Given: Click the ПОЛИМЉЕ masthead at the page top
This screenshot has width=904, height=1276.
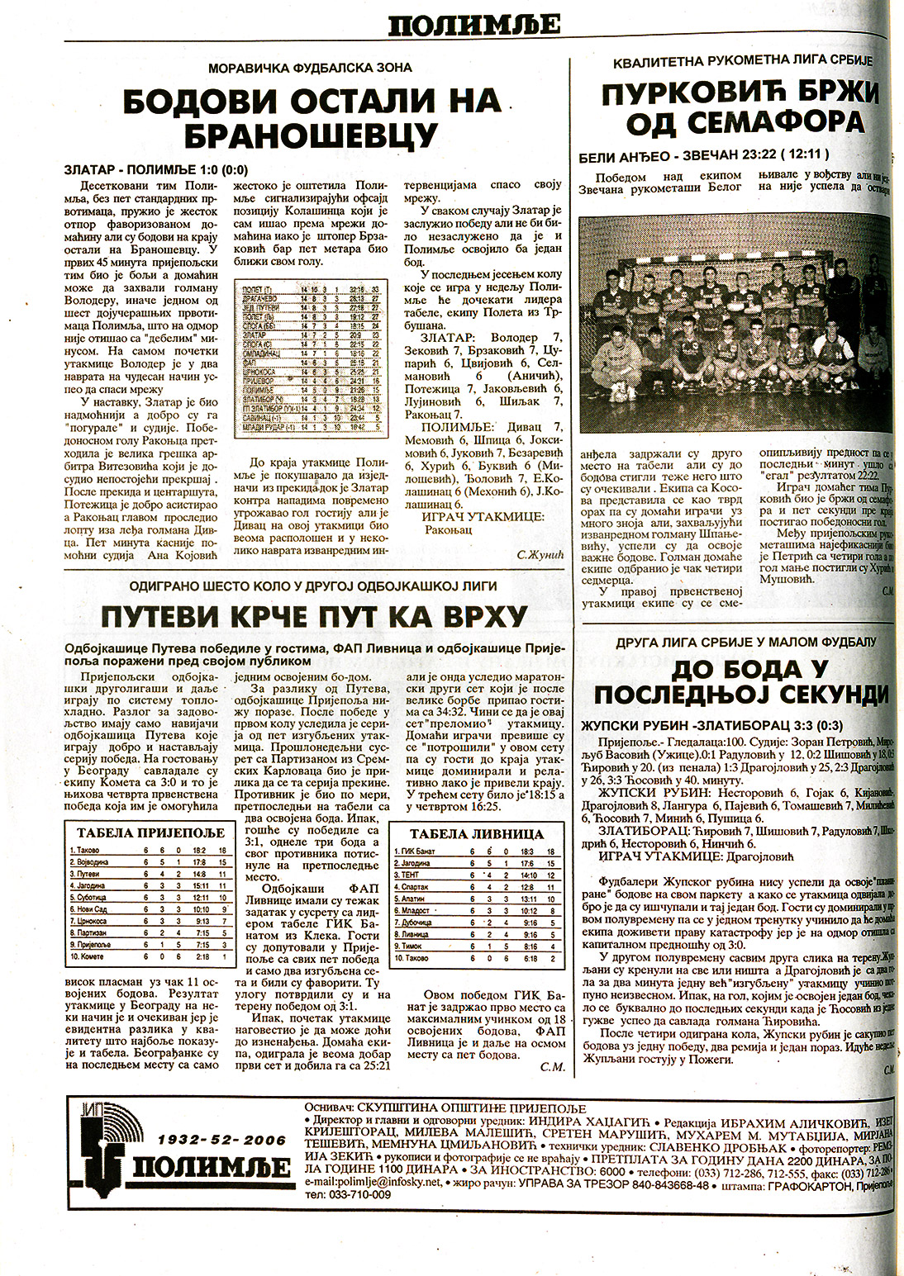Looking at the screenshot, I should pyautogui.click(x=474, y=26).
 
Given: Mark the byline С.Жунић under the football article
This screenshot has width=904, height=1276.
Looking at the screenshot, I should pyautogui.click(x=540, y=555).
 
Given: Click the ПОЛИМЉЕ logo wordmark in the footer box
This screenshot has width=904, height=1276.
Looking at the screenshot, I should pyautogui.click(x=212, y=1166).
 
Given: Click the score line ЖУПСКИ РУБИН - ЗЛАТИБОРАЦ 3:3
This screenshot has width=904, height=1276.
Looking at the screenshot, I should pyautogui.click(x=711, y=726).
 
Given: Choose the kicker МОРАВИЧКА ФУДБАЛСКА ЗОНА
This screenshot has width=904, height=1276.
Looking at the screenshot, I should pyautogui.click(x=310, y=68).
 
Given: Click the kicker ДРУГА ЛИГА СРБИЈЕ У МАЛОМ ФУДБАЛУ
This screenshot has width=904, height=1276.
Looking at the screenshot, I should pyautogui.click(x=745, y=642).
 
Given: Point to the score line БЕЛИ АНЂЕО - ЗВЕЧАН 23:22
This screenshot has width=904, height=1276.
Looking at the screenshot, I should pyautogui.click(x=705, y=154).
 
